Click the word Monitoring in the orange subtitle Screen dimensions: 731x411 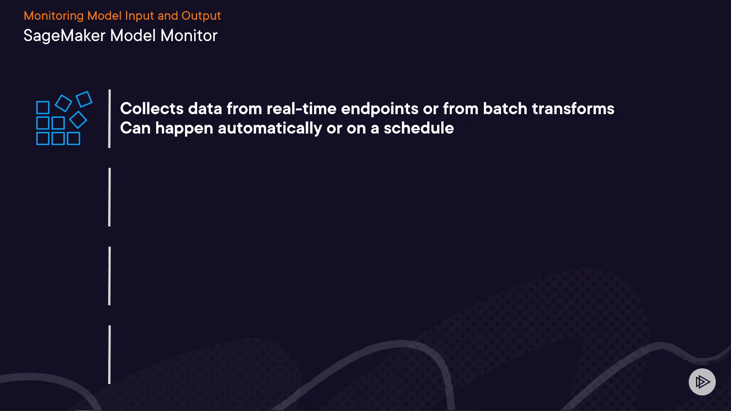[x=54, y=16]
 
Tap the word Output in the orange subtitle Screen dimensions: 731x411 [x=201, y=16]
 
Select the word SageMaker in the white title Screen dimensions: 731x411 [x=64, y=36]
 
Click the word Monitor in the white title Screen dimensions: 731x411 [x=189, y=36]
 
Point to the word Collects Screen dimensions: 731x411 [x=152, y=108]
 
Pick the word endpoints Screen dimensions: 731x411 [x=380, y=109]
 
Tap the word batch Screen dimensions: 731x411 [x=505, y=108]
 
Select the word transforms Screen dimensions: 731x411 [x=573, y=108]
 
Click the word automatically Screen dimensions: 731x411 [x=270, y=129]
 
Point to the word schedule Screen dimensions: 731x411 [x=419, y=128]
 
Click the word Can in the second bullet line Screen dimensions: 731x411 [x=136, y=128]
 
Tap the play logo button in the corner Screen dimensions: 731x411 [x=702, y=382]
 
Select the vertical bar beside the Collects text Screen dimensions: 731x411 [x=110, y=119]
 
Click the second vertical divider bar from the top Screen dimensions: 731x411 [x=110, y=197]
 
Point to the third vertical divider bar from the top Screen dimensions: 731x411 [x=110, y=276]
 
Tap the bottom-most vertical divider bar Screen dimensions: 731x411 [x=110, y=355]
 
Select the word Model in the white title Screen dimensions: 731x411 [x=133, y=36]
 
